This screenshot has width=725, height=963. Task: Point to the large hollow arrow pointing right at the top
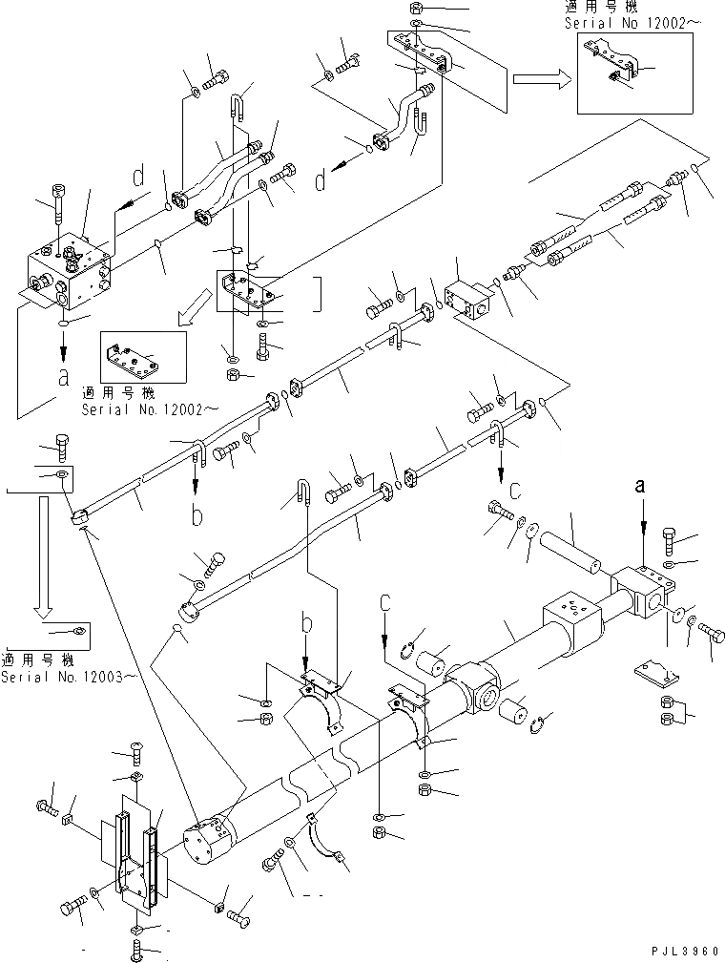pyautogui.click(x=539, y=77)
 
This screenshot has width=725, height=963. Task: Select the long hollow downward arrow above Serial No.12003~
pyautogui.click(x=40, y=554)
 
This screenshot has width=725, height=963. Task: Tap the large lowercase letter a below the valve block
pyautogui.click(x=63, y=375)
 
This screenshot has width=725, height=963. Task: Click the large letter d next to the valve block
pyautogui.click(x=138, y=177)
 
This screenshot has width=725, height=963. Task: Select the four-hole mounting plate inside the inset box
pyautogui.click(x=141, y=357)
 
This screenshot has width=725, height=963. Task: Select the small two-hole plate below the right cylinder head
pyautogui.click(x=656, y=674)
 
